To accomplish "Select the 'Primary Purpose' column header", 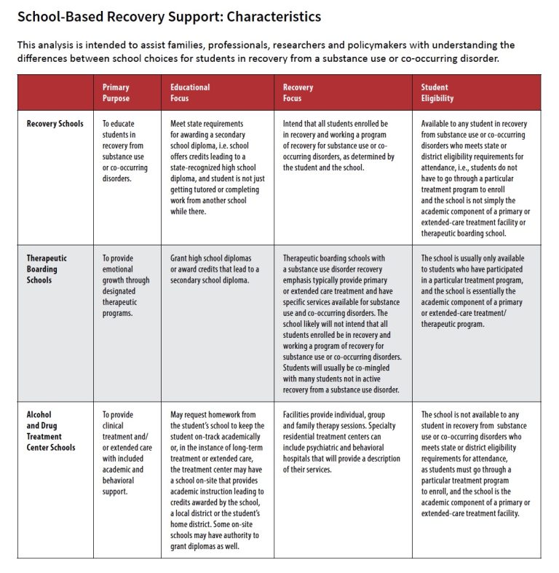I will (x=116, y=92).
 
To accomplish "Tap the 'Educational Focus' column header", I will (x=190, y=92).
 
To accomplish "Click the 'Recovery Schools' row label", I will (x=55, y=124).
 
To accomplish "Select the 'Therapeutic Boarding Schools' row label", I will (x=47, y=269).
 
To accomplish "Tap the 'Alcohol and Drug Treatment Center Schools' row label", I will (x=50, y=431).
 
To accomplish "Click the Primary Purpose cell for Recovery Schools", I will (x=124, y=151).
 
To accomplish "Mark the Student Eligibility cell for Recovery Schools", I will (x=477, y=178).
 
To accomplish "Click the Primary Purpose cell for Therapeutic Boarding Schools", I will (x=125, y=285).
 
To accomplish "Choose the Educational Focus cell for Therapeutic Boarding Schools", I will (x=211, y=269).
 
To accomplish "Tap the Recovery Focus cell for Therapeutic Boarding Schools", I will (x=342, y=324).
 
